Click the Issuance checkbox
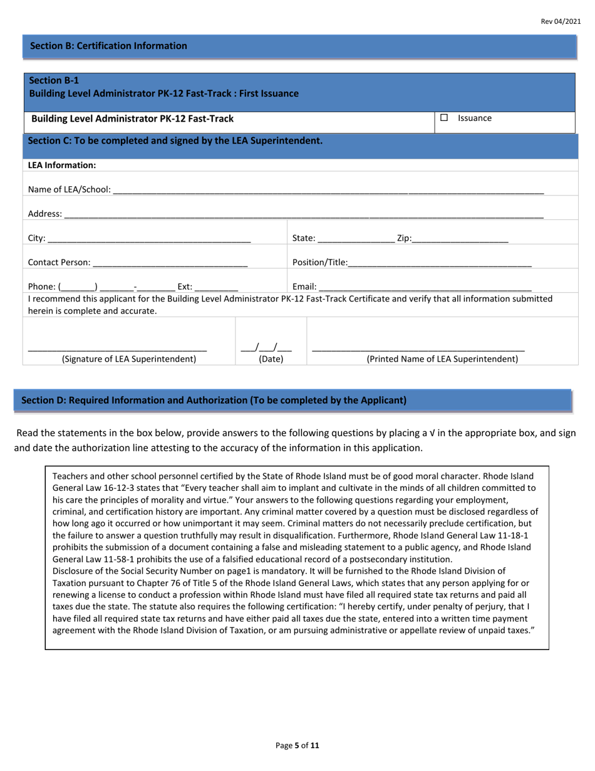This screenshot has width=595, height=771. pos(444,118)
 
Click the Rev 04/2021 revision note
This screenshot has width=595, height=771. pos(561,21)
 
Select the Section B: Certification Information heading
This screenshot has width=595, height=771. pos(108,46)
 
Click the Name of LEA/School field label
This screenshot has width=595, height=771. pos(70,189)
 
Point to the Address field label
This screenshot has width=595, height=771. pos(45,214)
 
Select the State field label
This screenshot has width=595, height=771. pos(304,238)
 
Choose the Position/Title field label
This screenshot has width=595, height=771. pos(319,263)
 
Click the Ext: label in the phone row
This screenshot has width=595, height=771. pos(185,286)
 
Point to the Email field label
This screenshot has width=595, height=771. pos(304,286)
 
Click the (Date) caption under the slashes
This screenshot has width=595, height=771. pos(271,359)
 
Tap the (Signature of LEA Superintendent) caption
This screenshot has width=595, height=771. pos(129,359)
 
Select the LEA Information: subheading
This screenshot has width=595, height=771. pos(62,165)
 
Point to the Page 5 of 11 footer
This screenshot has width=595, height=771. pos(297,746)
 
